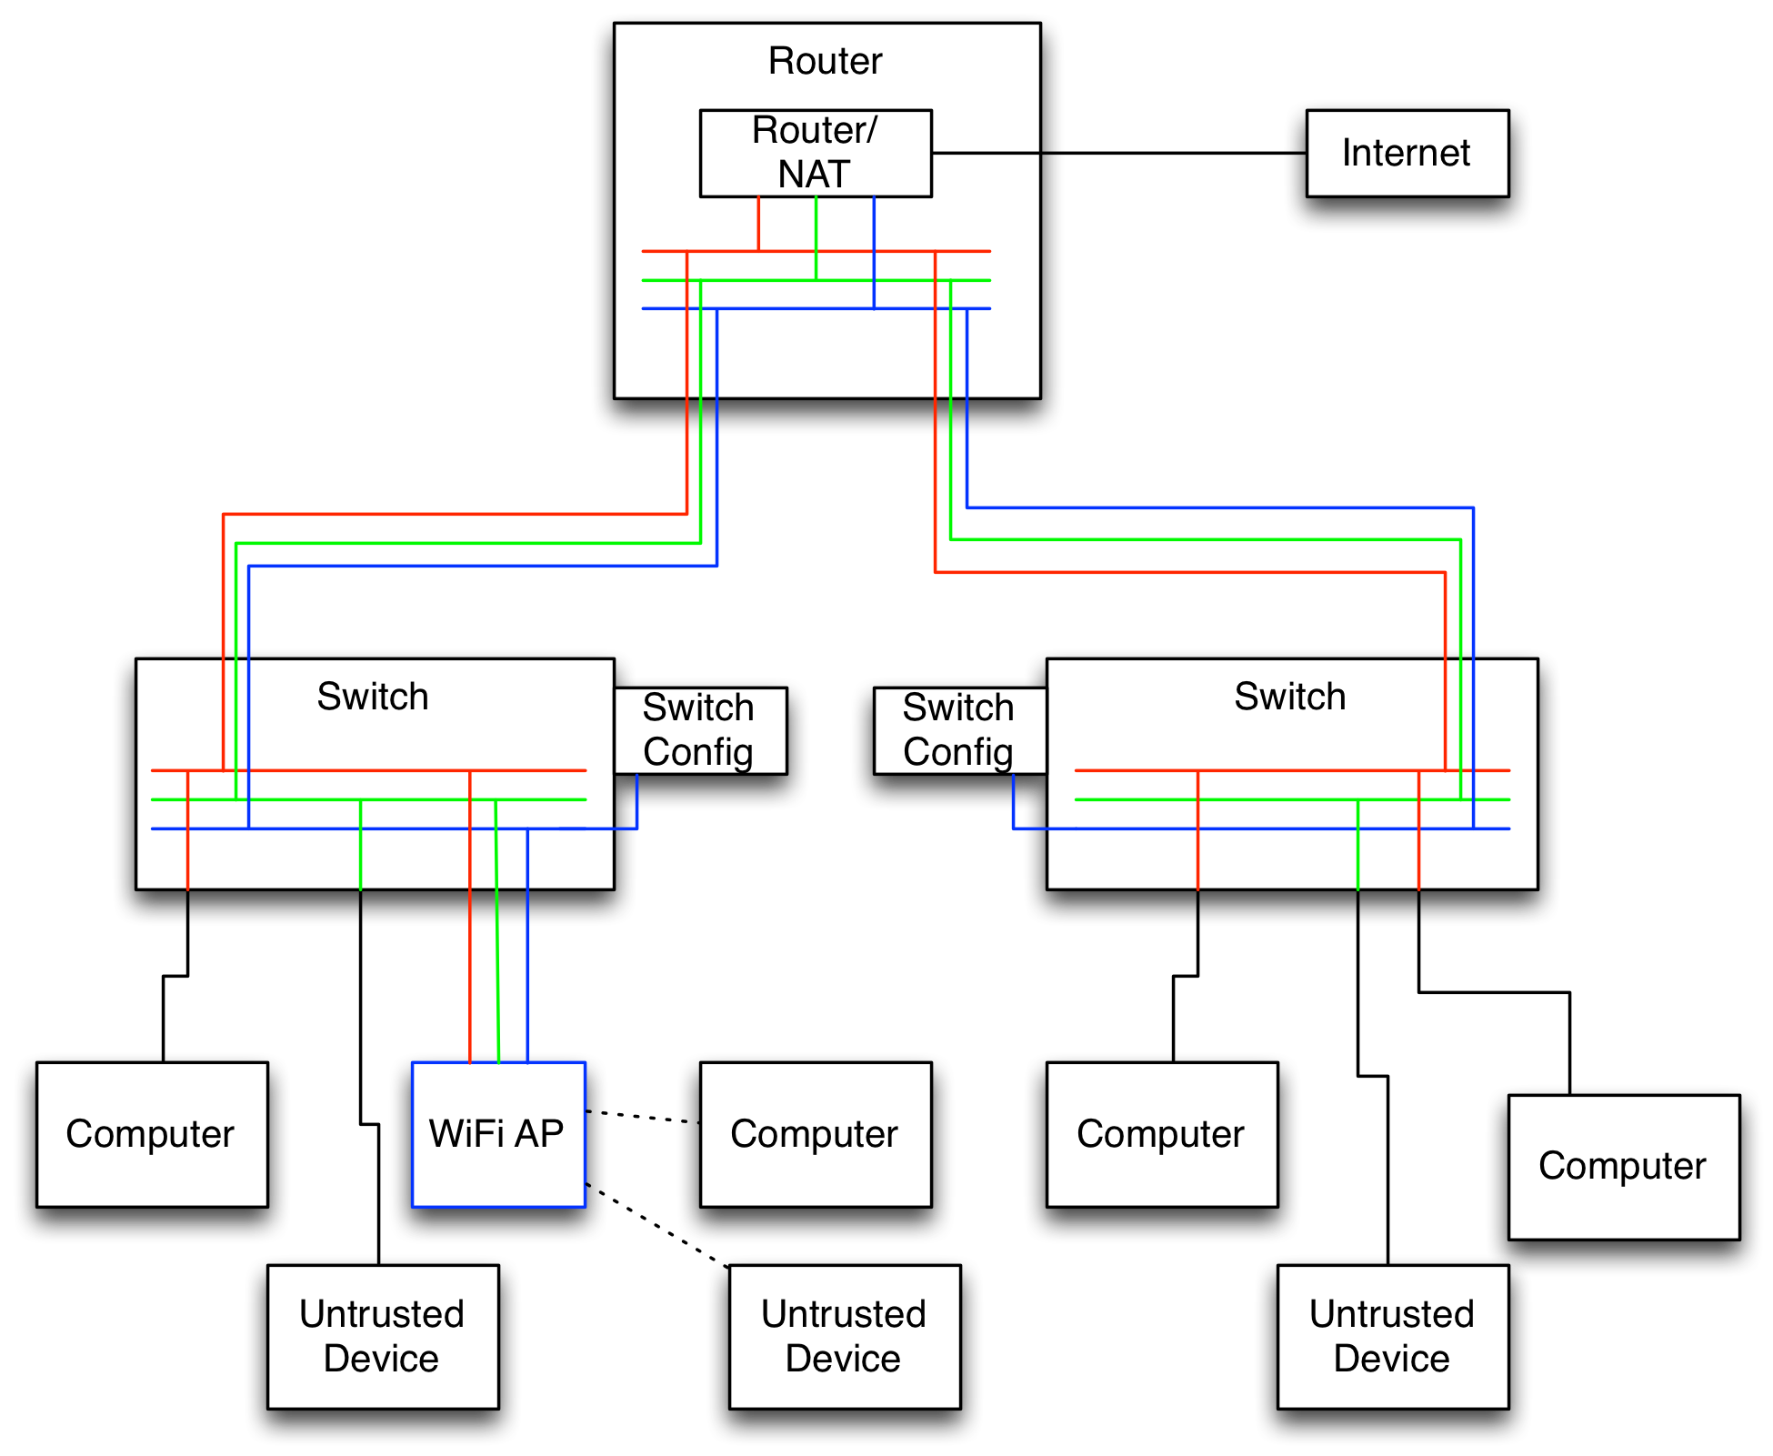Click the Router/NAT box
point(816,153)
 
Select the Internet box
point(1407,153)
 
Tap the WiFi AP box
point(498,1134)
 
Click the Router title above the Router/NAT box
point(825,61)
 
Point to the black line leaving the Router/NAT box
point(986,153)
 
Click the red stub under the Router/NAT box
point(758,223)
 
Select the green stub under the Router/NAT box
point(816,236)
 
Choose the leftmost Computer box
point(152,1134)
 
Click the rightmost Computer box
point(1624,1167)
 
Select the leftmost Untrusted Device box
point(383,1336)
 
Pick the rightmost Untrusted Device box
point(1392,1336)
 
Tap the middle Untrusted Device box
point(844,1336)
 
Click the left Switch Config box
point(699,730)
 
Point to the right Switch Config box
point(959,730)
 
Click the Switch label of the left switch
point(373,697)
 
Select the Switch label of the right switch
point(1289,697)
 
